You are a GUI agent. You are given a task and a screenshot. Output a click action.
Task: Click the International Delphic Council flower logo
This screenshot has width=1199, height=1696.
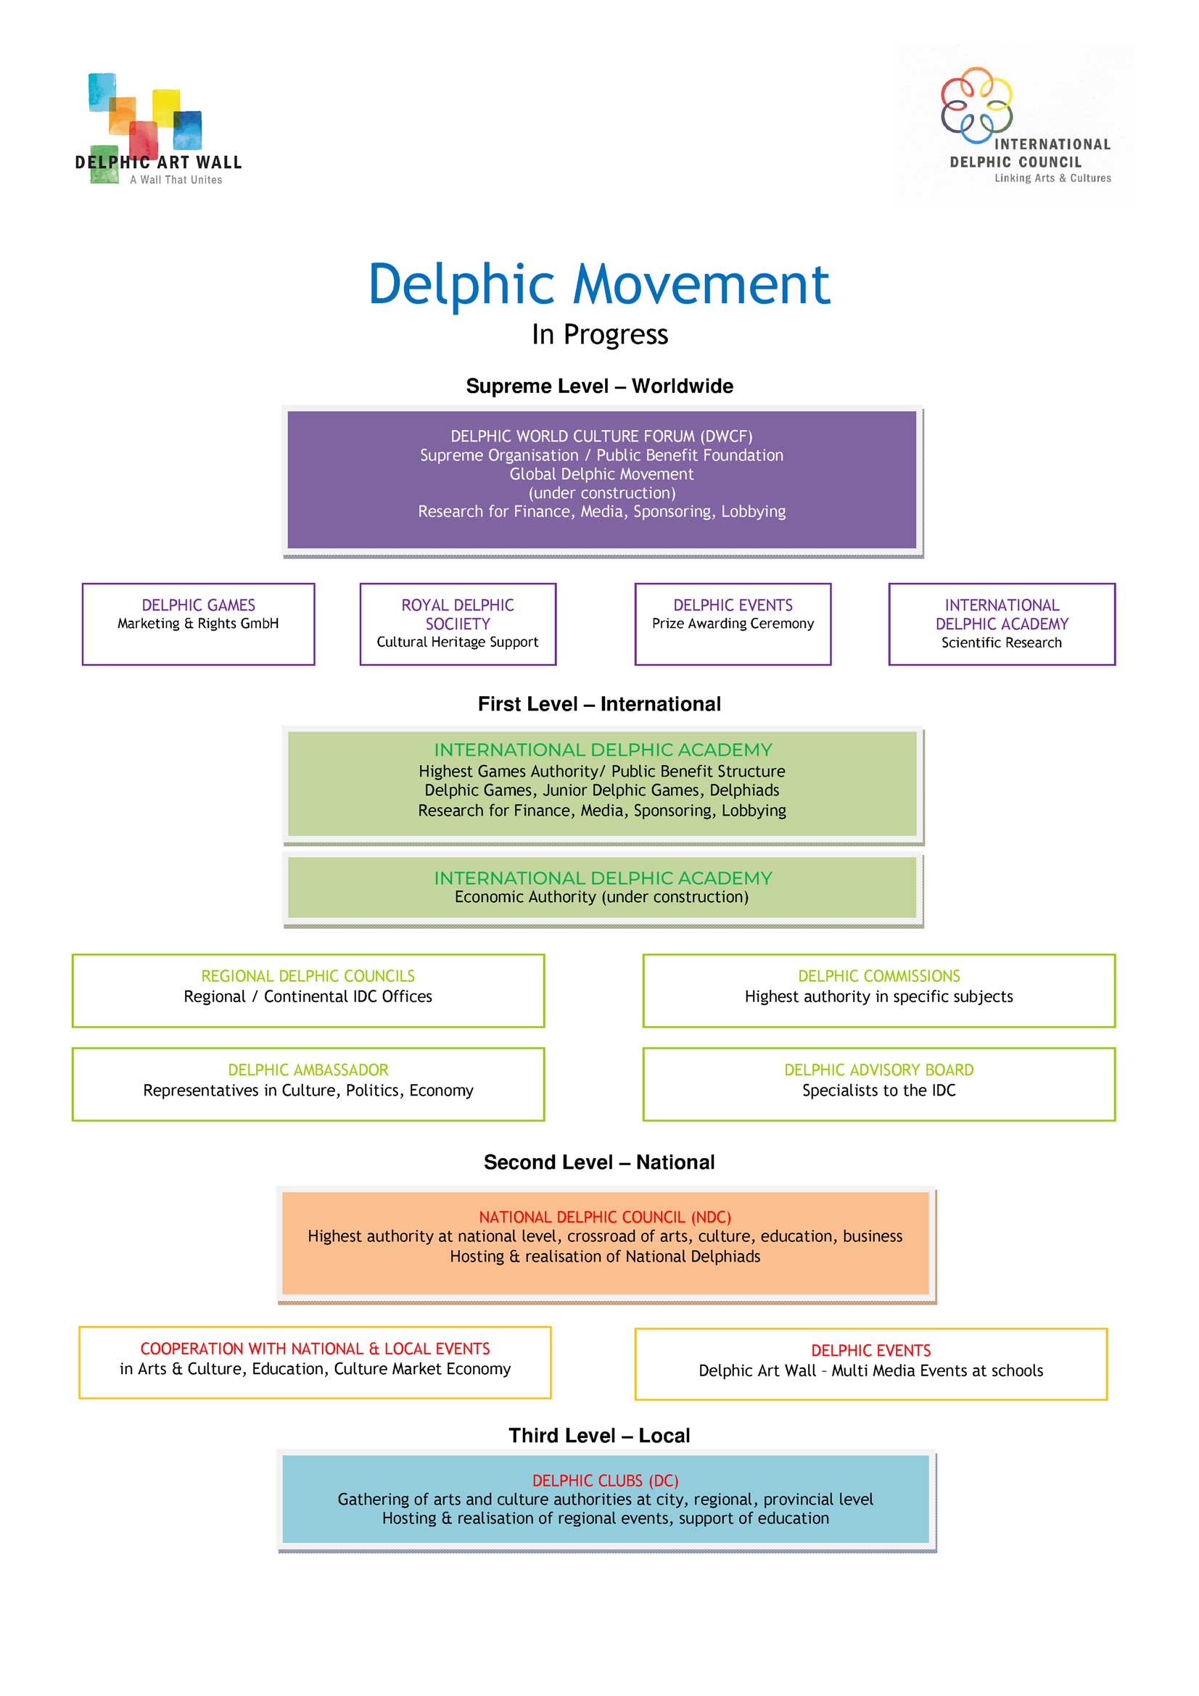click(976, 105)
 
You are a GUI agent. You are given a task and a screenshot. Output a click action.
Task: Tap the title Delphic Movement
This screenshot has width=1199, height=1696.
click(599, 284)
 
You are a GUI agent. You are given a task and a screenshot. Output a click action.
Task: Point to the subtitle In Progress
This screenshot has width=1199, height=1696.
click(599, 334)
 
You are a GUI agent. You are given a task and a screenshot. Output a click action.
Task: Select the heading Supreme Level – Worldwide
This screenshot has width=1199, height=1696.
click(599, 386)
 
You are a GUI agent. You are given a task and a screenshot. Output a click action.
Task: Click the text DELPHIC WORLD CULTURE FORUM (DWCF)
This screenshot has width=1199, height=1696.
click(601, 437)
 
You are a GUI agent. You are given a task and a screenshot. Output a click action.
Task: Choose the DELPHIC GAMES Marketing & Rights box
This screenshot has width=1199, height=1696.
click(198, 624)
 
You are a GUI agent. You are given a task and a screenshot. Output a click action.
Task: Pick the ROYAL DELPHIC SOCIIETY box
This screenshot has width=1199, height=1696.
click(457, 624)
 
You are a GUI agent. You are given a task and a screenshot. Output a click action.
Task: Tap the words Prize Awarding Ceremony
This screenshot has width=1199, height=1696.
click(732, 624)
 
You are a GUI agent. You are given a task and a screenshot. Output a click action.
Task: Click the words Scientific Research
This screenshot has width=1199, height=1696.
click(1001, 642)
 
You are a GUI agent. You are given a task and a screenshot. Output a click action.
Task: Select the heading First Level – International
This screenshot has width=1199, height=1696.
click(599, 704)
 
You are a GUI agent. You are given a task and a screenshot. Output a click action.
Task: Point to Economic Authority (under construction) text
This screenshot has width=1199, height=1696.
click(601, 897)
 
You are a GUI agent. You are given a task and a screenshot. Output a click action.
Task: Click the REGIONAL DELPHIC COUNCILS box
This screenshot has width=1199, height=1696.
click(308, 990)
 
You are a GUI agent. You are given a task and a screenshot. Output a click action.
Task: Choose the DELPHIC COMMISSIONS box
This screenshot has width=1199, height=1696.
click(878, 990)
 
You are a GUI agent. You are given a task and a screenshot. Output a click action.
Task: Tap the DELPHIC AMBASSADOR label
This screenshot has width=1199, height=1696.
click(308, 1070)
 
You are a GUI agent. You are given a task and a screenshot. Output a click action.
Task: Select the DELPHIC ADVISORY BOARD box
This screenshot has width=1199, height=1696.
click(878, 1083)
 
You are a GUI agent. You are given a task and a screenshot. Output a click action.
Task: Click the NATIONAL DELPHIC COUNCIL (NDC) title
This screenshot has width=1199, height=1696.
click(604, 1217)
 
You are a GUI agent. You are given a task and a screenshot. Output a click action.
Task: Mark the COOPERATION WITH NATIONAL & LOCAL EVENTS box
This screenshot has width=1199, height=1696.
click(315, 1362)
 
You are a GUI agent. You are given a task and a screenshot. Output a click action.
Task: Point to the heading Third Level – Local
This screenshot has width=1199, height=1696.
click(599, 1435)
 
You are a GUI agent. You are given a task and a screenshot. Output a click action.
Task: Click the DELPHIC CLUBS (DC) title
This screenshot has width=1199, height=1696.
click(605, 1481)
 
